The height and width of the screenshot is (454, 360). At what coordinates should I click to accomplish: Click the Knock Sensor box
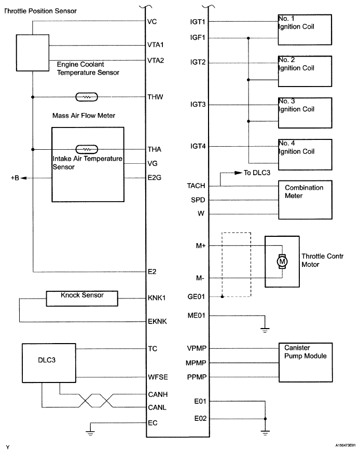coord(82,299)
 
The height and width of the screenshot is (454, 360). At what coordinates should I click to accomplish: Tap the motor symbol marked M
coord(282,262)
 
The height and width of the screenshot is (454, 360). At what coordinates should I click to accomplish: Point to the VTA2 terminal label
coord(156,60)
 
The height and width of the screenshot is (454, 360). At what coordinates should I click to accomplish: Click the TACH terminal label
coord(198,185)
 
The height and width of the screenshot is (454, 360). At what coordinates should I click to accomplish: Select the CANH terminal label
coord(157,394)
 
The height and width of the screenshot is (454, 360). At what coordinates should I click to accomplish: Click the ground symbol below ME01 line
coord(265,329)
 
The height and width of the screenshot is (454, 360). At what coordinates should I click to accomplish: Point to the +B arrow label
coord(15,178)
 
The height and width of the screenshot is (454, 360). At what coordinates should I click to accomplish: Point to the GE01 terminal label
coord(198,297)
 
